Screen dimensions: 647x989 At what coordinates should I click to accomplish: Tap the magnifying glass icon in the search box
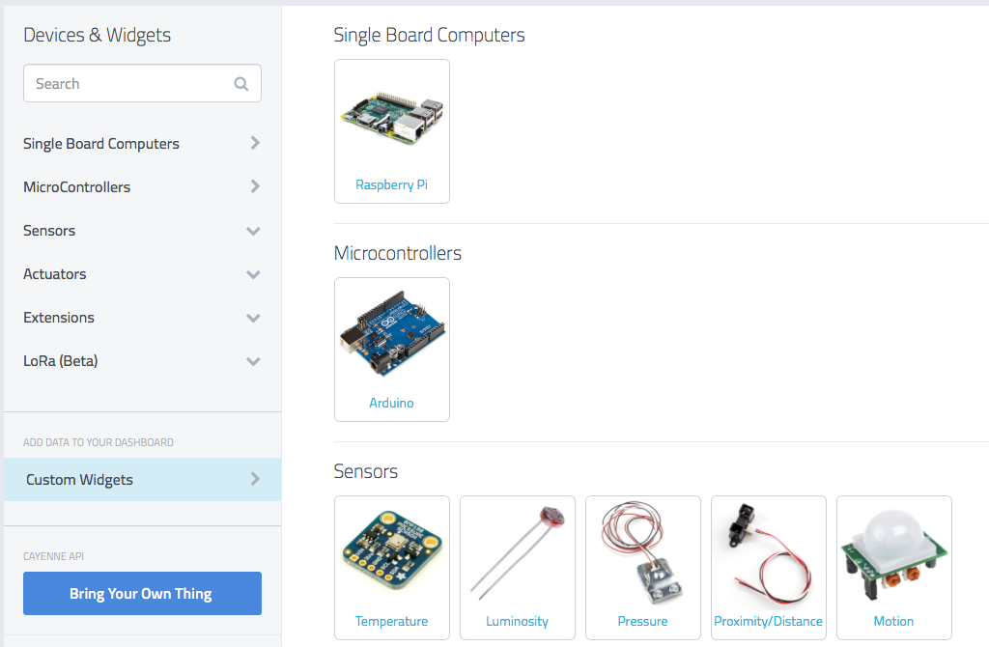point(241,84)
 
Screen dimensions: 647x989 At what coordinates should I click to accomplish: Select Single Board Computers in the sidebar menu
point(101,144)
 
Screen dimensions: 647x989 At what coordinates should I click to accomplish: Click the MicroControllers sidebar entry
point(77,187)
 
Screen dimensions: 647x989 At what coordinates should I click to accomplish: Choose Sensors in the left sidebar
point(49,231)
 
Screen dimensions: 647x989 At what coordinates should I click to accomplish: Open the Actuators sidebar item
point(55,274)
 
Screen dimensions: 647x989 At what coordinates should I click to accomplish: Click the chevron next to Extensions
point(253,318)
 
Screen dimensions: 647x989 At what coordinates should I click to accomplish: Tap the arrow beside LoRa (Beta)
point(253,361)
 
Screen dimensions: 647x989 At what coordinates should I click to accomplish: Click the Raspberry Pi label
point(391,184)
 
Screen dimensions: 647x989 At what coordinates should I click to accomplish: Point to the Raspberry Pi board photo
point(391,116)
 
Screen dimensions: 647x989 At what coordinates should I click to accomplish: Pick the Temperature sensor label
point(391,621)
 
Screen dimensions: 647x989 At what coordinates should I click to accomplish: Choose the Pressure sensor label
point(642,621)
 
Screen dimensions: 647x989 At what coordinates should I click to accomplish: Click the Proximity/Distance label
point(768,621)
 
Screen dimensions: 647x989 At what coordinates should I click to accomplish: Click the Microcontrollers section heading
point(398,254)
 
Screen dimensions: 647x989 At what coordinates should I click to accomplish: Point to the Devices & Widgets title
point(97,36)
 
